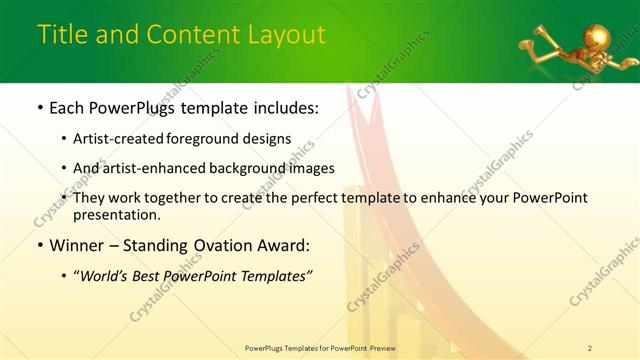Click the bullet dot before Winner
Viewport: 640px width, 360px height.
[x=39, y=245]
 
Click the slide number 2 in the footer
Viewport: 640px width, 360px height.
[x=590, y=347]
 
